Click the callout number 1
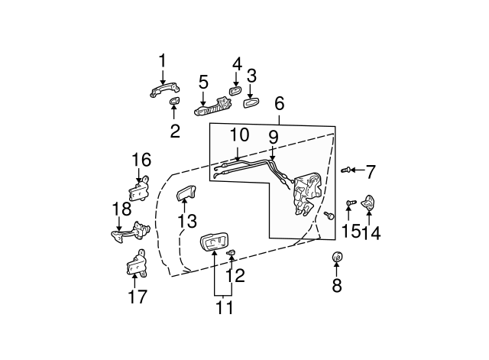click(162, 60)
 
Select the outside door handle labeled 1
click(164, 92)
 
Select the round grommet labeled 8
click(337, 258)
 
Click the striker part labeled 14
click(369, 204)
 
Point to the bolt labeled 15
click(350, 203)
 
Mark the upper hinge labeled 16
click(140, 189)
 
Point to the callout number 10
click(239, 135)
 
